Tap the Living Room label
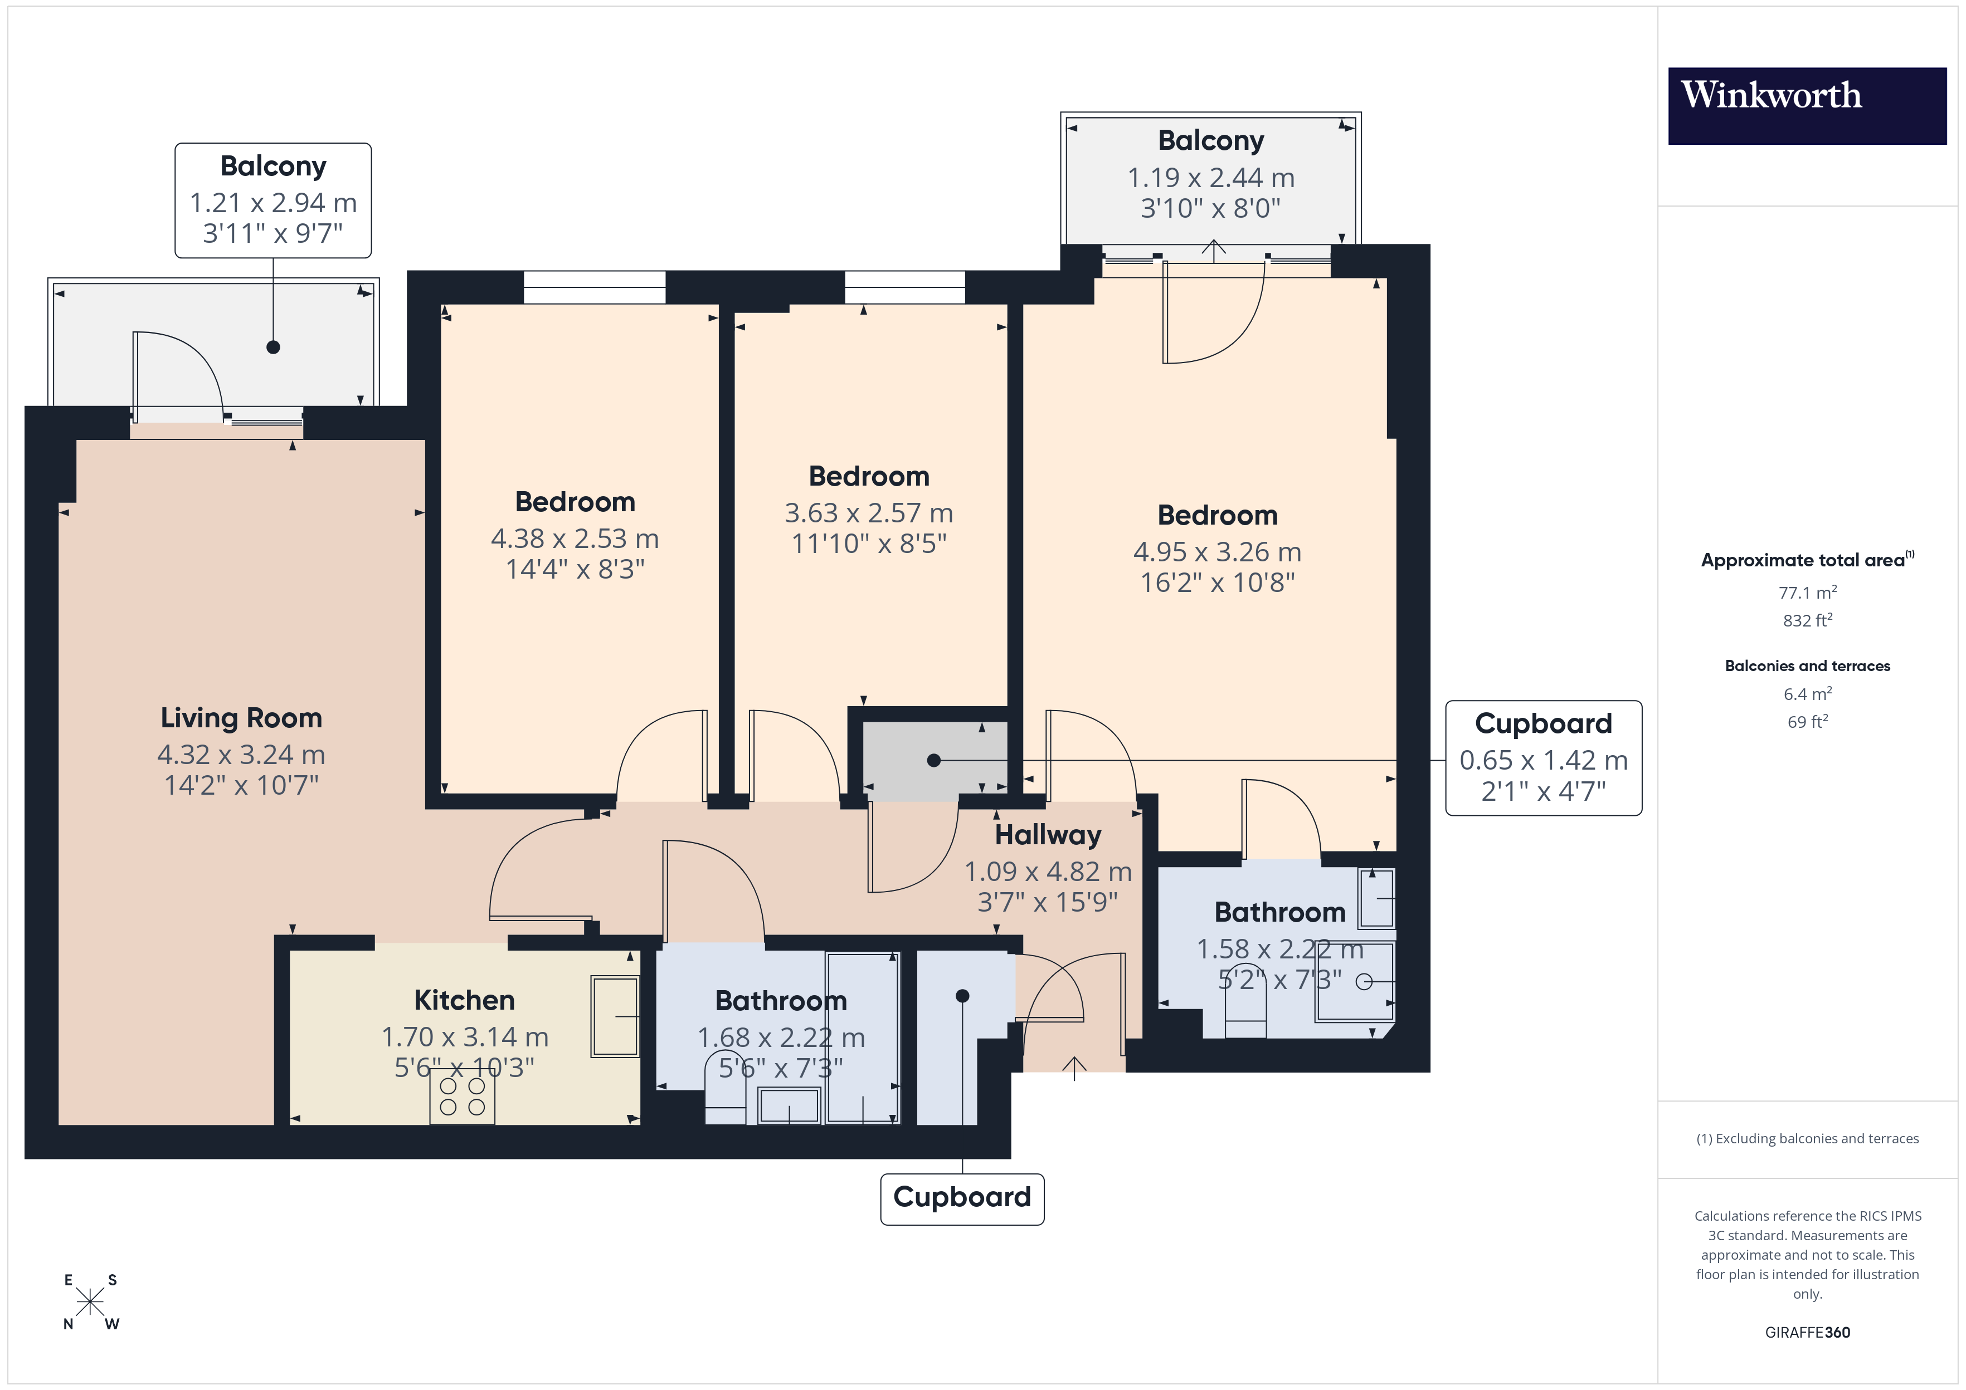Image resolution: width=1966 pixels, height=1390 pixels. pos(241,717)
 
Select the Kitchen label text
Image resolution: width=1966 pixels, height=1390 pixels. pos(464,1000)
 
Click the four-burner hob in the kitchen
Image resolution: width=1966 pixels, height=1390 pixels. pos(463,1097)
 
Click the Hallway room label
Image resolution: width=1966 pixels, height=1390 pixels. pos(1048,835)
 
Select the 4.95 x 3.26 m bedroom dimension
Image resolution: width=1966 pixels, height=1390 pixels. pos(1216,552)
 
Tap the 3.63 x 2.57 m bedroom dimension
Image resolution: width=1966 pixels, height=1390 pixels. pos(868,513)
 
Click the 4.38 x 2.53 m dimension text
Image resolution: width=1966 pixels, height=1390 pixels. pos(575,539)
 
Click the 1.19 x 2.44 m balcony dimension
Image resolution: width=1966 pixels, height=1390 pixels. pos(1211,178)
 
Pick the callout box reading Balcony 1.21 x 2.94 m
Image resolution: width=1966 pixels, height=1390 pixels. pos(273,200)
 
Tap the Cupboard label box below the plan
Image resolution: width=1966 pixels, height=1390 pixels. pos(962,1198)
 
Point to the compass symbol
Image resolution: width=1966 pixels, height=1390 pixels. pos(90,1302)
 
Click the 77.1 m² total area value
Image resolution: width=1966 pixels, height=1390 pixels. pos(1807,593)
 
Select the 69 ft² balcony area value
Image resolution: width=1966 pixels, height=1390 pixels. pos(1807,722)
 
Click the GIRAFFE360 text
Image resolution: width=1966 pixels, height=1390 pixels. pos(1807,1333)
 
